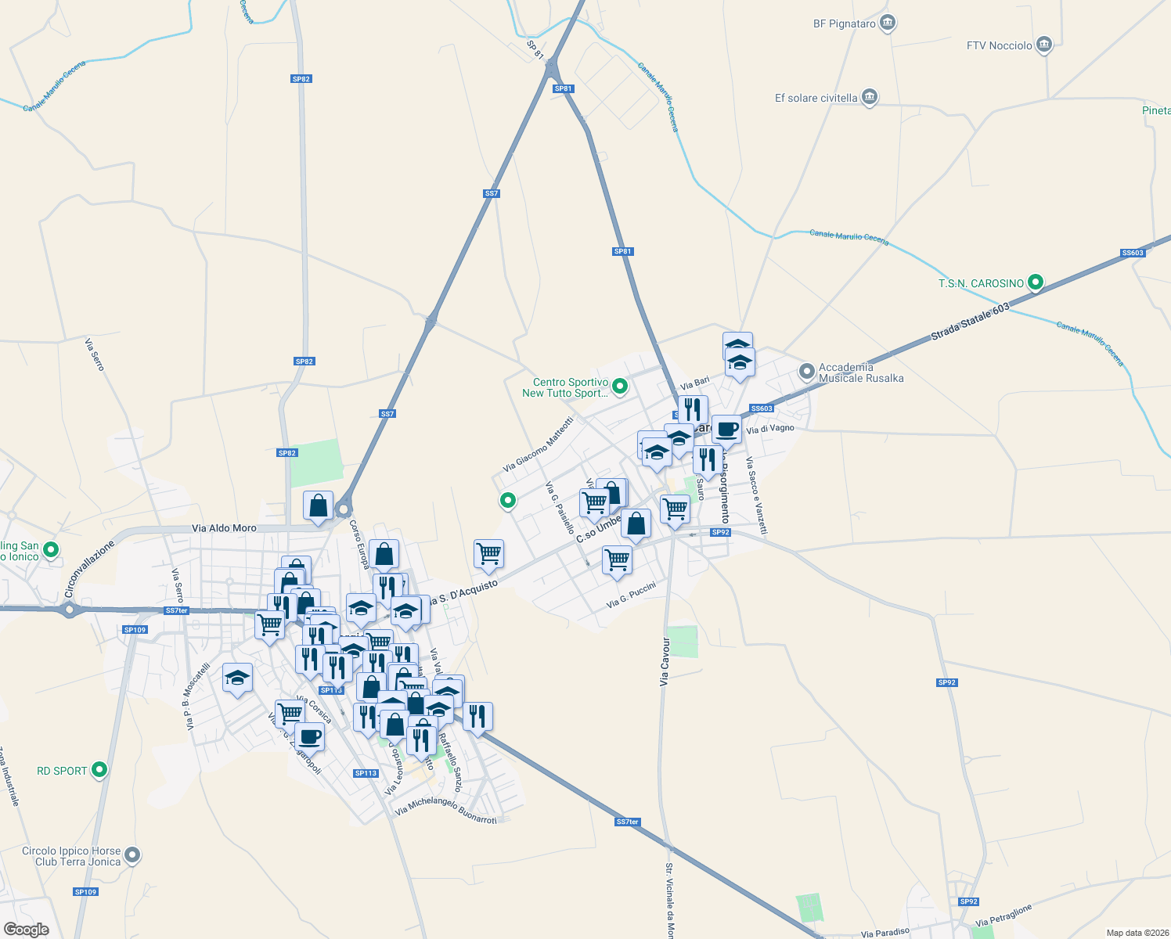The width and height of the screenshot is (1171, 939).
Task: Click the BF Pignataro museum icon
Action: [887, 23]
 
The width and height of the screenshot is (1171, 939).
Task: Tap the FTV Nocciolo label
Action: [999, 45]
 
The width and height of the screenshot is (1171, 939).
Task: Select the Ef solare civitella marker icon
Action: [869, 98]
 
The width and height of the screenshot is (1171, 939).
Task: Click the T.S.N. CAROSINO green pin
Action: [1036, 282]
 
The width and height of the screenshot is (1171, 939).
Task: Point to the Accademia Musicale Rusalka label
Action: [861, 372]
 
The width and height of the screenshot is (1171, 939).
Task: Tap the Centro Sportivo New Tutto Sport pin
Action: [620, 386]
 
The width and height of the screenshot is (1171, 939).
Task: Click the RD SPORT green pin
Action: [99, 770]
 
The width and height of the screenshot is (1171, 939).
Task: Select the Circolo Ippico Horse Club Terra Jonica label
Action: [71, 856]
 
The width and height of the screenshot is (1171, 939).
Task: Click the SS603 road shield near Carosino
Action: [762, 408]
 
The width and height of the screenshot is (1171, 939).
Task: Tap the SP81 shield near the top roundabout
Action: [563, 88]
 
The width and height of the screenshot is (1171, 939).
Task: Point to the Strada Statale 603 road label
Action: [971, 322]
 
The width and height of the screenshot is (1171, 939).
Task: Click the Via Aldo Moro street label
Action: [224, 528]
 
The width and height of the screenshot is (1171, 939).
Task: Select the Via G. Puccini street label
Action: [631, 595]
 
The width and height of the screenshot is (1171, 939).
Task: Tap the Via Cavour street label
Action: [665, 661]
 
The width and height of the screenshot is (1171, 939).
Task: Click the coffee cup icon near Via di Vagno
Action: [726, 430]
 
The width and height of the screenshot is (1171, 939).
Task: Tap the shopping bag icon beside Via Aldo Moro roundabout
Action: [318, 506]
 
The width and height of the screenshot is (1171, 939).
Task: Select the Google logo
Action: [26, 930]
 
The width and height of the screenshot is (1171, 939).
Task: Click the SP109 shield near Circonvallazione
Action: [135, 629]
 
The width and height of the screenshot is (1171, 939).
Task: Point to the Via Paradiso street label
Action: [885, 932]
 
